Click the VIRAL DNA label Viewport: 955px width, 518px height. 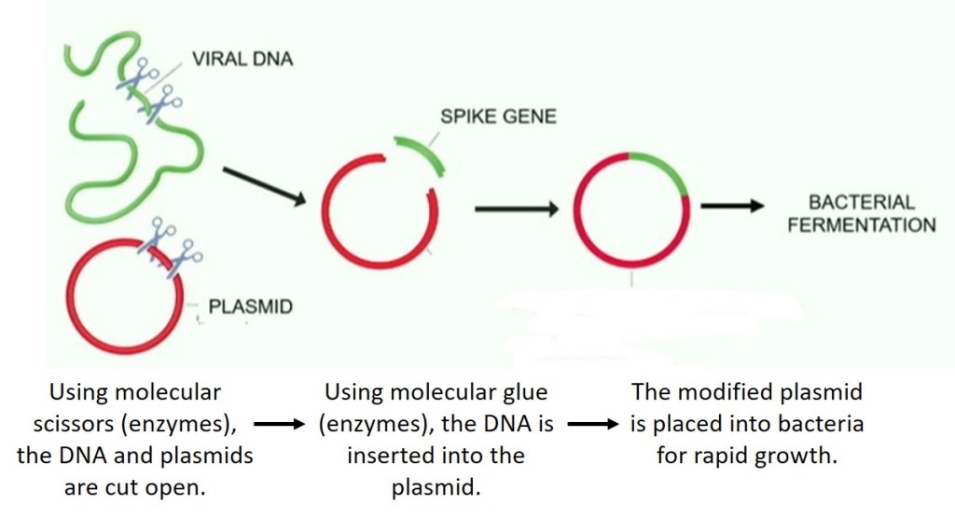tap(242, 60)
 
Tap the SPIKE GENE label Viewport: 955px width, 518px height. tap(498, 117)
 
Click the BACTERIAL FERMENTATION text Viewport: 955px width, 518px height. tap(861, 213)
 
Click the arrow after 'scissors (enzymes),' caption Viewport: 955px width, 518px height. tap(281, 425)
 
